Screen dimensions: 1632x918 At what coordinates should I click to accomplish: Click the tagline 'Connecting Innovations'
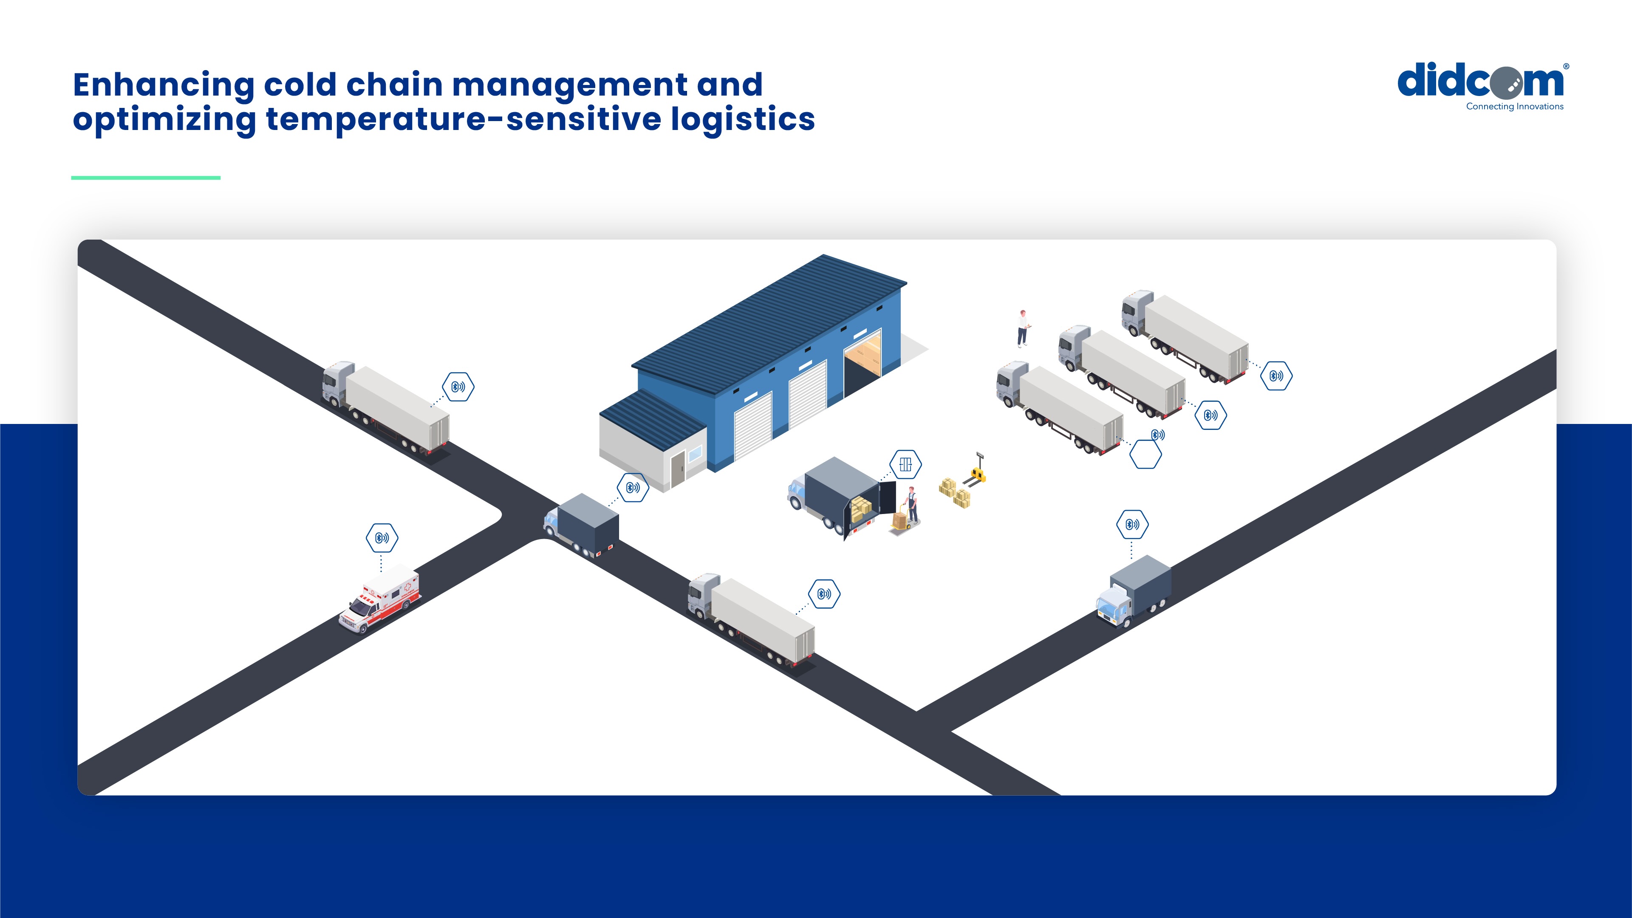1514,107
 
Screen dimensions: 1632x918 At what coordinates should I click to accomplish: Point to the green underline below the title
146,178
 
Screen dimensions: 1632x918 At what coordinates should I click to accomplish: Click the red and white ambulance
380,598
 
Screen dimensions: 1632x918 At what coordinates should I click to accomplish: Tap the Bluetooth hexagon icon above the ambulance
382,538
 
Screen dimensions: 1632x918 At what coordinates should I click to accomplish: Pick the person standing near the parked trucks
1022,328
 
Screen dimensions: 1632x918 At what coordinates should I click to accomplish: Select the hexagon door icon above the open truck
905,464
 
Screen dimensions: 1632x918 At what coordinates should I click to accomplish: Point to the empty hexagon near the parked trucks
1146,454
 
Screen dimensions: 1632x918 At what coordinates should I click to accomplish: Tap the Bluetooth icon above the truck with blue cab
1132,525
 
